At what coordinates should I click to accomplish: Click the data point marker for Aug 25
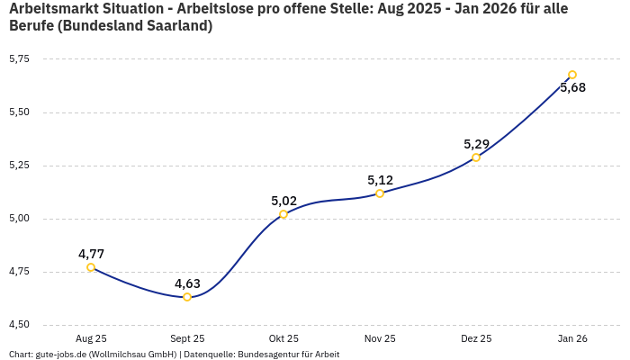pyautogui.click(x=91, y=267)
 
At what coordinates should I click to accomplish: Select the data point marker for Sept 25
pyautogui.click(x=187, y=297)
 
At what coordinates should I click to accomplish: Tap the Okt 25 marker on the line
pyautogui.click(x=283, y=214)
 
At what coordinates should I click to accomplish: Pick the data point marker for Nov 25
pyautogui.click(x=380, y=193)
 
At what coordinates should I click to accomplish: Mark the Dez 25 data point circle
pyautogui.click(x=476, y=157)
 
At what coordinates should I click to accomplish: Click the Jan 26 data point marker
pyautogui.click(x=572, y=75)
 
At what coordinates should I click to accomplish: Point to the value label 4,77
pyautogui.click(x=91, y=254)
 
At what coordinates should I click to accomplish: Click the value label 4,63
pyautogui.click(x=187, y=283)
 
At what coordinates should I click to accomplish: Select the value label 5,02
pyautogui.click(x=283, y=201)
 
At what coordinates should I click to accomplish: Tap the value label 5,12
pyautogui.click(x=380, y=180)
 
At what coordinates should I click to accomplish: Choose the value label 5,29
pyautogui.click(x=476, y=144)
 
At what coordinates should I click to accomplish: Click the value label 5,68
pyautogui.click(x=572, y=87)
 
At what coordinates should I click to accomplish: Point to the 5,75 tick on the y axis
pyautogui.click(x=19, y=58)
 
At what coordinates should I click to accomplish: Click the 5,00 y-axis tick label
pyautogui.click(x=19, y=219)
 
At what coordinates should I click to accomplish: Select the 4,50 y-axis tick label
pyautogui.click(x=19, y=325)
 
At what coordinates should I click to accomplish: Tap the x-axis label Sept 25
pyautogui.click(x=187, y=339)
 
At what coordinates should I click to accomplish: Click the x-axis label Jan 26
pyautogui.click(x=572, y=339)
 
